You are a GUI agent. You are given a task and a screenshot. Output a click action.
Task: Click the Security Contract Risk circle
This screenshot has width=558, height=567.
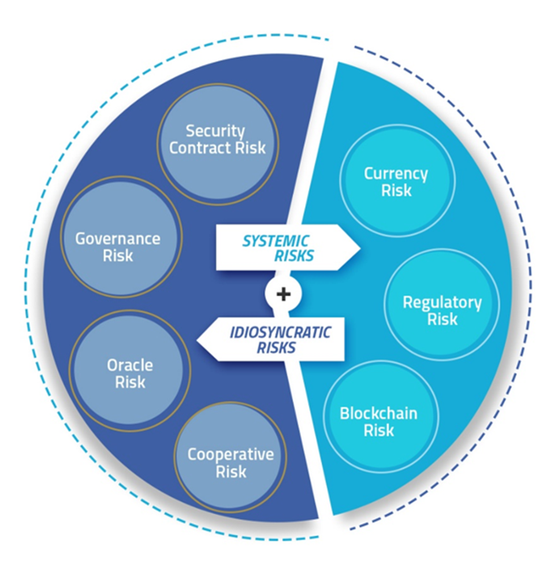[x=218, y=140]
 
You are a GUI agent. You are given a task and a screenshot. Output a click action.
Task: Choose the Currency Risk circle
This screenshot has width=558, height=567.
[x=396, y=181]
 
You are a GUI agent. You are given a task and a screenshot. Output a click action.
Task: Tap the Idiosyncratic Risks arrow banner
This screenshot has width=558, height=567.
[x=272, y=339]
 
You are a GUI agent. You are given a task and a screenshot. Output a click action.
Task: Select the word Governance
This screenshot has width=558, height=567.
[x=117, y=239]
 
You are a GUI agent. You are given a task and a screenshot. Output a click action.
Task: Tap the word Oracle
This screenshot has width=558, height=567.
[x=130, y=365]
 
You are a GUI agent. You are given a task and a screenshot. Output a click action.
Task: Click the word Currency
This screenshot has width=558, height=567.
[x=396, y=173]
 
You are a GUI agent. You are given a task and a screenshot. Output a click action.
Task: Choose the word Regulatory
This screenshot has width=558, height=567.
[x=441, y=302]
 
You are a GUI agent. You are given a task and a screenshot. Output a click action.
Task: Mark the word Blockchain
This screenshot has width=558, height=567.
[x=378, y=413]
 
